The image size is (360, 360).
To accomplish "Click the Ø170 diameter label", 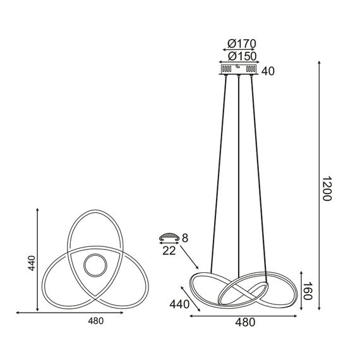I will pos(241,44).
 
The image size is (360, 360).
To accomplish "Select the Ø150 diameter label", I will pos(241,56).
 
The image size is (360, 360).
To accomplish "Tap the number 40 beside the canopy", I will pos(268,71).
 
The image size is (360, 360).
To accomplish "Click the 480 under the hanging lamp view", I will pos(245,323).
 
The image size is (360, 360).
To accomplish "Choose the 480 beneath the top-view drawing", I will pos(95,320).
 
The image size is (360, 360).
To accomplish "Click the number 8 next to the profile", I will pos(185,238).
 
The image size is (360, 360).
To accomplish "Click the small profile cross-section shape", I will pos(169,237).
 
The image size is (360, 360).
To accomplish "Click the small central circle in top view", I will pos(95,265).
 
